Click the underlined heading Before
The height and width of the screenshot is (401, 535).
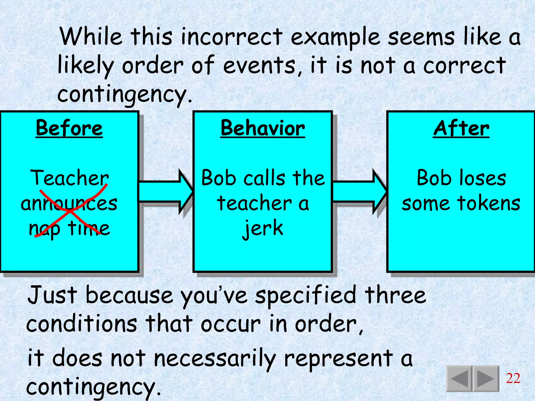point(69,128)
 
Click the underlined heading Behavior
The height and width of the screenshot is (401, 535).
point(263,128)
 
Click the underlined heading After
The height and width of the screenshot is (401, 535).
point(461,128)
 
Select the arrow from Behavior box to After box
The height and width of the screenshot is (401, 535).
point(359,192)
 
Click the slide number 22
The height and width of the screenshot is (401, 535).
point(513,378)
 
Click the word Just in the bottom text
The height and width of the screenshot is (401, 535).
point(52,295)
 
